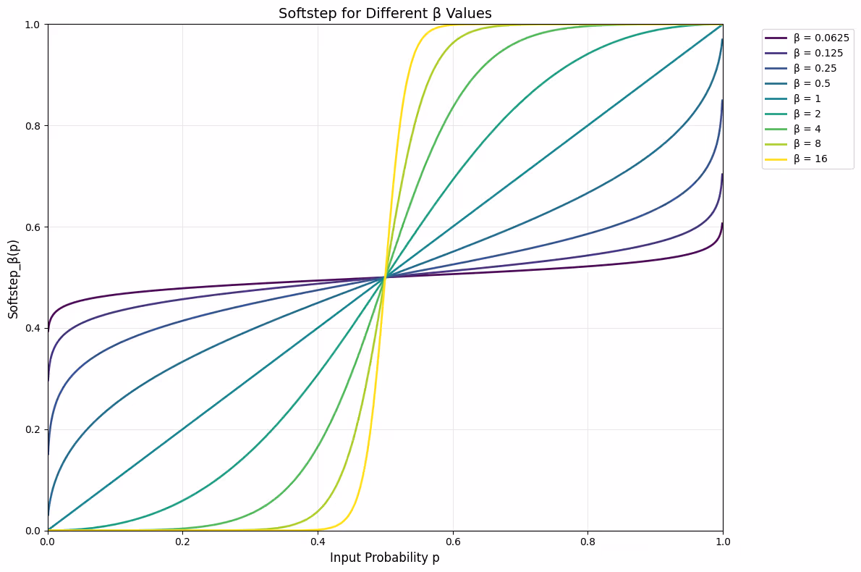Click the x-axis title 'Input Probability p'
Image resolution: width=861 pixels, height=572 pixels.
coord(385,558)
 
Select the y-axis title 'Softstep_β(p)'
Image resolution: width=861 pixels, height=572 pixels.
coord(14,277)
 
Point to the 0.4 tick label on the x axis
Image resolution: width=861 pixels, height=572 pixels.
coord(318,541)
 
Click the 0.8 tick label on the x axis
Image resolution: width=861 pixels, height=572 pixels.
coord(588,541)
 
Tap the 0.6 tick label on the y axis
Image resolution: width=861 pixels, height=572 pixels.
coord(32,227)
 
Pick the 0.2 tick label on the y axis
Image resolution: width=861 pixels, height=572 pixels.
coord(32,429)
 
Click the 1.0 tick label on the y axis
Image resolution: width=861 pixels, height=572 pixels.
coord(32,25)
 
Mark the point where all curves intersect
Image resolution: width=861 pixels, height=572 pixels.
coord(385,277)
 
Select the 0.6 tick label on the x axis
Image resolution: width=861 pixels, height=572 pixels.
coord(453,541)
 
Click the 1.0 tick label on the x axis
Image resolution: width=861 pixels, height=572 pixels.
coord(722,541)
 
